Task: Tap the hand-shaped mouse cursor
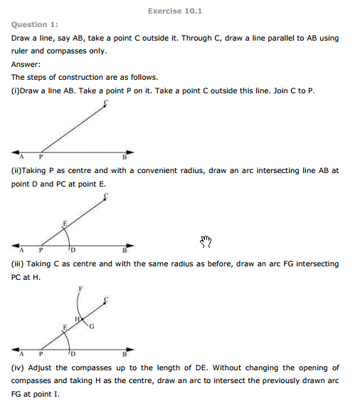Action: [x=206, y=241]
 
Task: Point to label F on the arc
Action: [x=81, y=288]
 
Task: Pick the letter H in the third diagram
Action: [x=78, y=320]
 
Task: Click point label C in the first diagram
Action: [x=105, y=103]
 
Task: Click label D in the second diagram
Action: [x=73, y=250]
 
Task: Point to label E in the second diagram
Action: [x=65, y=223]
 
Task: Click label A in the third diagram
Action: [x=22, y=354]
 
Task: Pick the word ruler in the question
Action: [x=19, y=51]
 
